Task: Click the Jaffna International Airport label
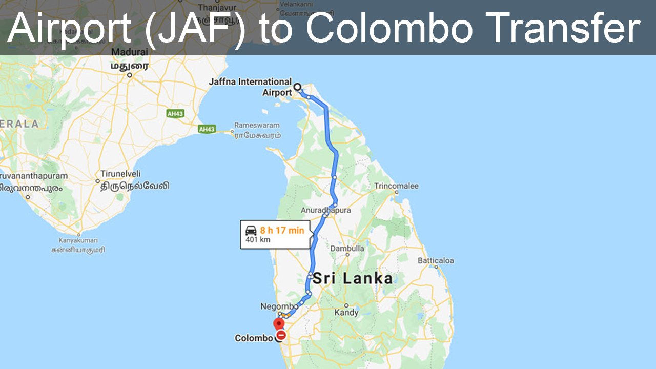(x=250, y=87)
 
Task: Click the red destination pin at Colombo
(x=279, y=324)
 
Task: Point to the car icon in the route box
(x=251, y=230)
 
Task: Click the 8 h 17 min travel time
(x=282, y=230)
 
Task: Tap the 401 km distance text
(x=258, y=240)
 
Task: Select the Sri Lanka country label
(x=353, y=278)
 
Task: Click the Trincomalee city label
(x=396, y=186)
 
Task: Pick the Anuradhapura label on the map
(x=326, y=210)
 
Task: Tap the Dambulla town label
(x=347, y=248)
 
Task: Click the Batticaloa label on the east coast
(x=436, y=260)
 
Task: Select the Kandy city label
(x=346, y=312)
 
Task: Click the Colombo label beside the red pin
(x=254, y=338)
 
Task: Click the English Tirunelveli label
(x=120, y=174)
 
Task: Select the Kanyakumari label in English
(x=78, y=240)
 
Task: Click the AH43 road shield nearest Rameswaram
(x=207, y=130)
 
